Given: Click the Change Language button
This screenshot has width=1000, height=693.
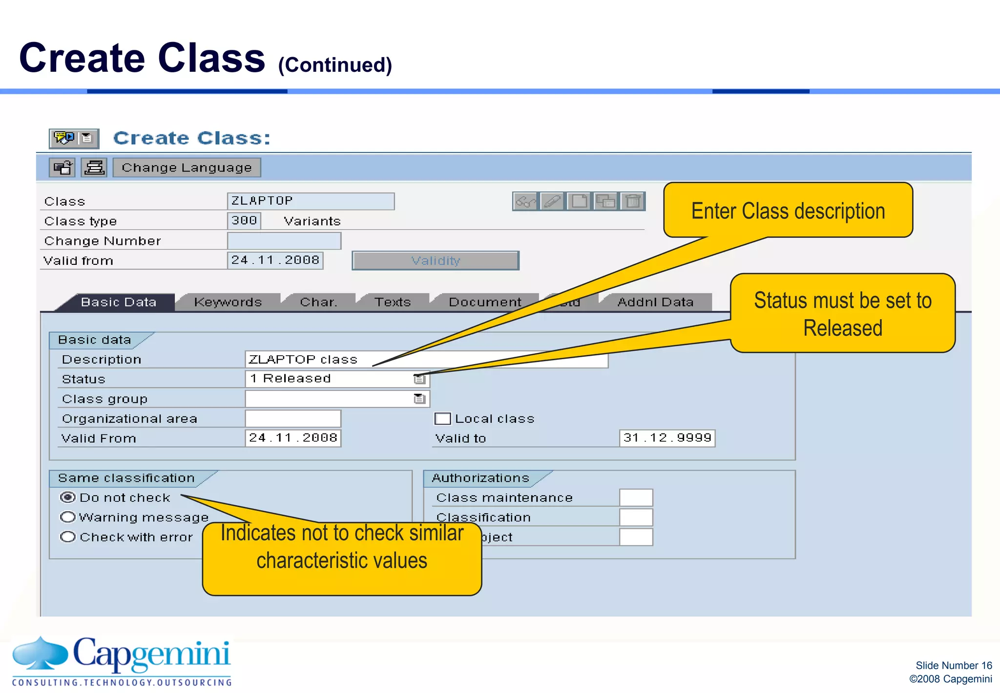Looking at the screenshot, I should [x=187, y=168].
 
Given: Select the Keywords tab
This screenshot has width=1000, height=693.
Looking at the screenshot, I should [x=228, y=302].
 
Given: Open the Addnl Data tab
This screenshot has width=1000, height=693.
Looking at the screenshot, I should [x=655, y=302].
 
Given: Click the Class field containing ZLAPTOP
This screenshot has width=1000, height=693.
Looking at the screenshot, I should [x=310, y=201].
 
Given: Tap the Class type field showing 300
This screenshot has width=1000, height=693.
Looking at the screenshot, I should [x=244, y=220].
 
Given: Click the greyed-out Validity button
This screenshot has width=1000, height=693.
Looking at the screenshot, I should [x=435, y=260].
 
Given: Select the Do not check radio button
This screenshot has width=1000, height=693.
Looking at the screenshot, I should [x=67, y=498].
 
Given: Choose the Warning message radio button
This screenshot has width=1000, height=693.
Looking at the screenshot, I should [x=67, y=517].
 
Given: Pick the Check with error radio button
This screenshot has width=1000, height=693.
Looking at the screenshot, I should [x=67, y=537].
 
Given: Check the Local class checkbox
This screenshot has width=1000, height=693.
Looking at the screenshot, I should [x=442, y=419].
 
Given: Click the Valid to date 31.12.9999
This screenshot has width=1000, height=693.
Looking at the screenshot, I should [x=667, y=438].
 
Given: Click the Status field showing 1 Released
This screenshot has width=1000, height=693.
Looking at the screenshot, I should [x=330, y=379].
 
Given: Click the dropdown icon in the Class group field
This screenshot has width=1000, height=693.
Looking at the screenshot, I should [x=419, y=399].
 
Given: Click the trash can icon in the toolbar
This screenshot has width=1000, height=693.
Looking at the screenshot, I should [x=633, y=201].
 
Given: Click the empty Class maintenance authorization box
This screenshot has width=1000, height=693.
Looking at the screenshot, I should [x=636, y=498].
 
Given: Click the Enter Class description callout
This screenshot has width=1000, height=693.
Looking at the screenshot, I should [x=788, y=211].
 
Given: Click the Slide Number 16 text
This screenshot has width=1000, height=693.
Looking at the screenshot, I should [x=953, y=665].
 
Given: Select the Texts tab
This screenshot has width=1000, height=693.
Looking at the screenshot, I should [x=393, y=302].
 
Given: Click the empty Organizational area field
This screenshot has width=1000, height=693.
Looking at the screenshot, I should [x=292, y=419].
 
